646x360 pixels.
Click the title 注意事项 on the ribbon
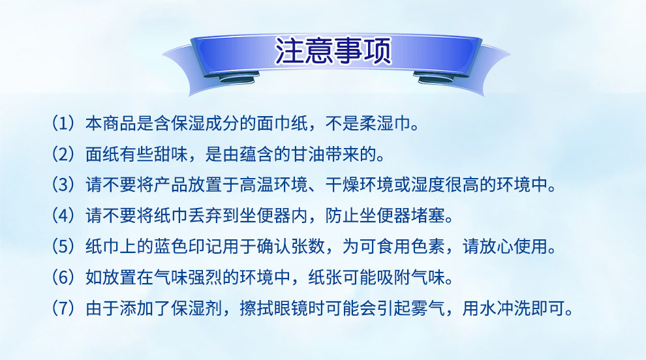333,51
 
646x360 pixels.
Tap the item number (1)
63,123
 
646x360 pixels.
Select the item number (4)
63,215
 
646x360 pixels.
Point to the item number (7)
63,308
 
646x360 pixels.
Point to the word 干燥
342,185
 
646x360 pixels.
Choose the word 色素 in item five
427,247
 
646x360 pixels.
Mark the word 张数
308,247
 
